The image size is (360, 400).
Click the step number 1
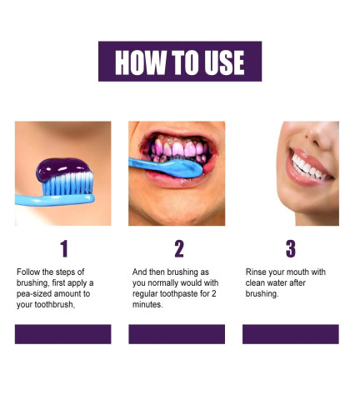[x=63, y=248]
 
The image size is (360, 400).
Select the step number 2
[x=178, y=248]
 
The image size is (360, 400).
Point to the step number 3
[x=290, y=248]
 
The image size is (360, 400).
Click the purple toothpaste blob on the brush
[x=62, y=169]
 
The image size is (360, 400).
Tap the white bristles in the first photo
[x=62, y=185]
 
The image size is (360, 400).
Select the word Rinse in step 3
[x=257, y=272]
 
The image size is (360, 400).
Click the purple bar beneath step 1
[x=63, y=334]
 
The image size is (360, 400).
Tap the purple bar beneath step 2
[x=177, y=334]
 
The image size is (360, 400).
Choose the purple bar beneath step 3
[x=290, y=334]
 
